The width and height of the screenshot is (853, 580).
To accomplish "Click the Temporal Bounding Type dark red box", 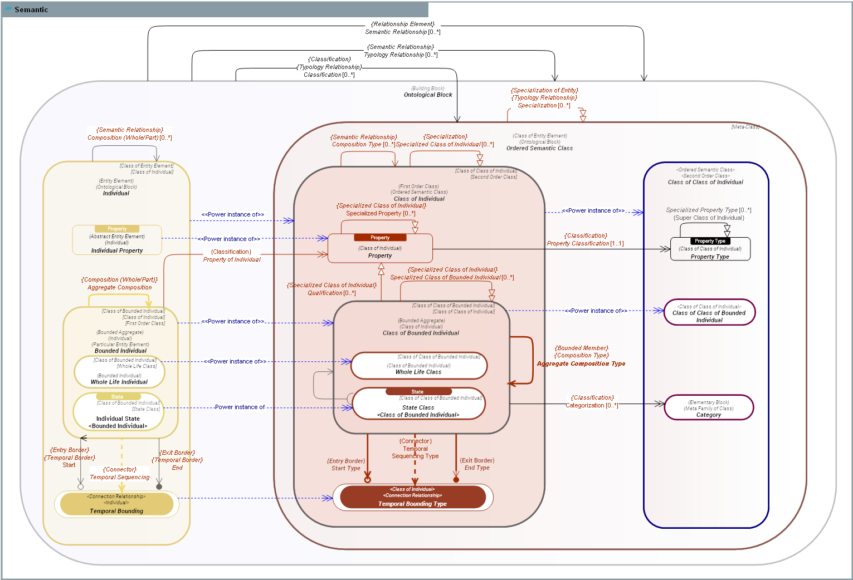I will tap(413, 497).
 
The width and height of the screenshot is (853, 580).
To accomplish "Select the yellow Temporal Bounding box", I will tap(116, 504).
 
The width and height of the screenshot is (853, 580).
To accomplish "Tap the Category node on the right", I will tap(709, 408).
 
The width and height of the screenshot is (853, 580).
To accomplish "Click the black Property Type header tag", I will tap(710, 241).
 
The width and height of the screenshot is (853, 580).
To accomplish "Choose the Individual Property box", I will tap(117, 240).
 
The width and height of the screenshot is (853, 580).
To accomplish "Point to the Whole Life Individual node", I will tap(119, 372).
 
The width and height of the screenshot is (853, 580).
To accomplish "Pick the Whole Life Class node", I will tap(418, 366).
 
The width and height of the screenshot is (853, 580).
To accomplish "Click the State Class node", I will tap(418, 404).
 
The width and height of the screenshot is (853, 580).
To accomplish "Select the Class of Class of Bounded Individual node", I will tap(709, 313).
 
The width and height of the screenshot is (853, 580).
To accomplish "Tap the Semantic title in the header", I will tap(31, 9).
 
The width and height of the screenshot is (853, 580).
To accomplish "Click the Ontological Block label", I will tap(428, 95).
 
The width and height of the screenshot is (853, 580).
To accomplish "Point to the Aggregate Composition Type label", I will tap(581, 363).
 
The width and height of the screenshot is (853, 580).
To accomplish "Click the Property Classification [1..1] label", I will tap(585, 243).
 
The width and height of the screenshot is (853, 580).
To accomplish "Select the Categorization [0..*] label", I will tap(592, 405).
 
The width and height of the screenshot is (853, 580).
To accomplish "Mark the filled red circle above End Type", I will tap(456, 480).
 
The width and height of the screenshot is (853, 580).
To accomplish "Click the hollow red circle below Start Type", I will tap(367, 480).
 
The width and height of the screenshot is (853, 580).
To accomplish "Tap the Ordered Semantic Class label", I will tap(539, 148).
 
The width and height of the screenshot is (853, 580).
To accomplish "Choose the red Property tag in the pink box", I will tap(380, 238).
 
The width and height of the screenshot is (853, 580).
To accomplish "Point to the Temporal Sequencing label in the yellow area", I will tap(120, 477).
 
